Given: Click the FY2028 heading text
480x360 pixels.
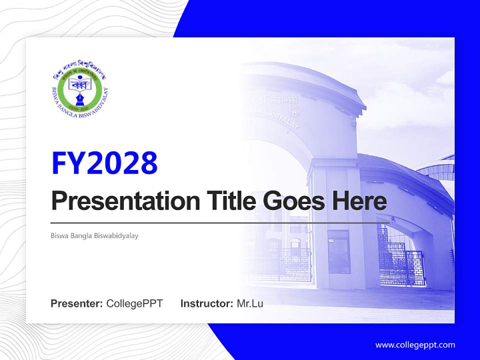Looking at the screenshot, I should (x=104, y=163).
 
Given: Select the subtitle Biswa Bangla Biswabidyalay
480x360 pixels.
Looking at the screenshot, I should (x=94, y=235).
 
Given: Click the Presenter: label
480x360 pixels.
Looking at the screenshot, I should (x=77, y=303).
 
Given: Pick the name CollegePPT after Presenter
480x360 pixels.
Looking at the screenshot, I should (x=134, y=303).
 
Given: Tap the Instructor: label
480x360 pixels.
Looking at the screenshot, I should (x=206, y=303).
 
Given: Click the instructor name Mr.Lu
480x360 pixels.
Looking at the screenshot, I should (x=250, y=303).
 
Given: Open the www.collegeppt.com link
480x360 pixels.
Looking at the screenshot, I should (x=415, y=344).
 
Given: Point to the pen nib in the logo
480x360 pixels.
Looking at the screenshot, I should (x=80, y=95).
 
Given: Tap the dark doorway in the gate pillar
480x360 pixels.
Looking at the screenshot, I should (x=339, y=252).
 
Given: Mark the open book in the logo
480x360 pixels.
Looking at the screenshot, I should (x=80, y=84).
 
